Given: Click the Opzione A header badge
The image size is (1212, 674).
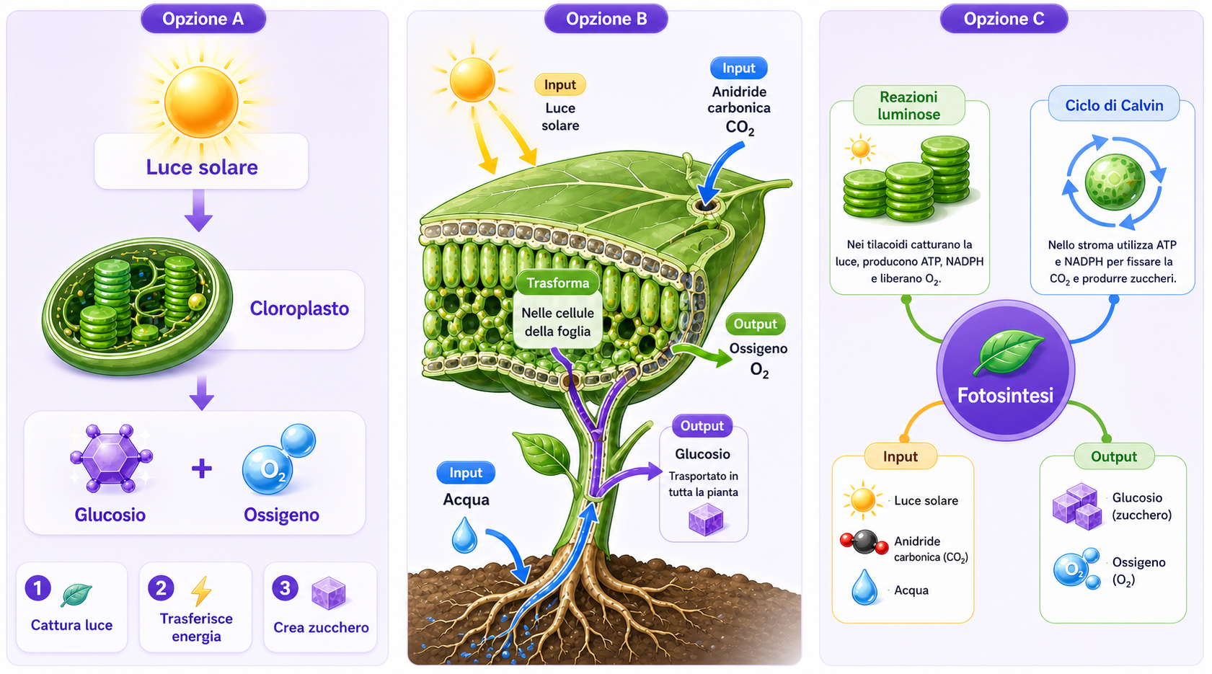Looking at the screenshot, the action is click(x=203, y=19).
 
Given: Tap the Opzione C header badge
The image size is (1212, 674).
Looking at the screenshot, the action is click(x=1004, y=19).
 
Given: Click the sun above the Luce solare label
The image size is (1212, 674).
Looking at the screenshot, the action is click(x=201, y=102).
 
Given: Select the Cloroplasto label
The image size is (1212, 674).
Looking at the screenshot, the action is click(x=299, y=309).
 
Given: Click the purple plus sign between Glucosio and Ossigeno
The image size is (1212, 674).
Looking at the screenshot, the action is click(x=202, y=469).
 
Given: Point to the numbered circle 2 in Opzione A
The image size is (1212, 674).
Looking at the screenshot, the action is click(x=161, y=588).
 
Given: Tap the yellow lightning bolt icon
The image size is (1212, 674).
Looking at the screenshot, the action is click(x=201, y=591).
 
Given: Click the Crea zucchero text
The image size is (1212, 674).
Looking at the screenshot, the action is click(x=321, y=627).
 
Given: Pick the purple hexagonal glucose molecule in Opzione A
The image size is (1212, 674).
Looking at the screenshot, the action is click(x=112, y=458).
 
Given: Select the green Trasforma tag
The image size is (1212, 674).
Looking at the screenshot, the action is click(x=558, y=283).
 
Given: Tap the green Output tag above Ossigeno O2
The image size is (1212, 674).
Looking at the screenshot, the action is click(x=756, y=324).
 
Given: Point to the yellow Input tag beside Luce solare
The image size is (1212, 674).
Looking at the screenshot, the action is click(x=560, y=85).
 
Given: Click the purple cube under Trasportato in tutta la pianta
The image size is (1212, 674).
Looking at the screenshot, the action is click(x=706, y=519).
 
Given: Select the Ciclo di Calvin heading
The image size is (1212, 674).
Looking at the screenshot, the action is click(x=1114, y=105).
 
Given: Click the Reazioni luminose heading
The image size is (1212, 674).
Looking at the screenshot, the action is click(x=909, y=105).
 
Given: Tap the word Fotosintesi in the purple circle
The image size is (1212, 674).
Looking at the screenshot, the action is click(x=1005, y=396).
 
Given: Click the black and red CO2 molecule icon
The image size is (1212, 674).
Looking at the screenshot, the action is click(x=864, y=542).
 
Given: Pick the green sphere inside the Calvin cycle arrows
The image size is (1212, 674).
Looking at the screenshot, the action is click(x=1115, y=182).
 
